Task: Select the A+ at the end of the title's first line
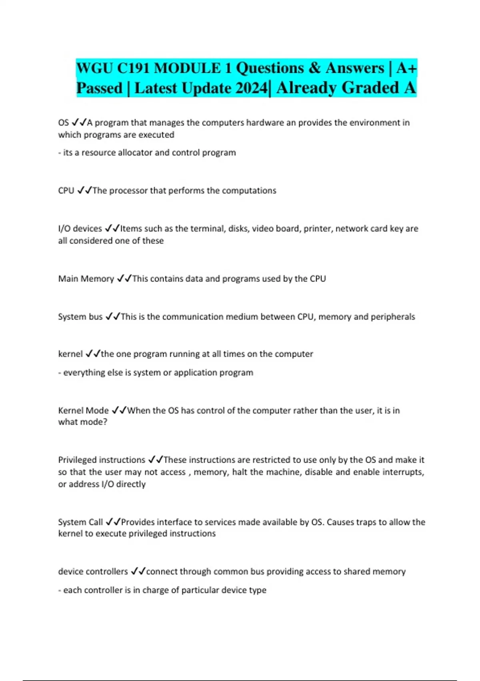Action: (406, 68)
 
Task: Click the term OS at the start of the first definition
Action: (63, 123)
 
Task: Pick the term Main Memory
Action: (86, 279)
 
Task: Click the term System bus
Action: (80, 317)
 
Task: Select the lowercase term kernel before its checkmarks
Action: (70, 354)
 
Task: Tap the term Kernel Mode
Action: (83, 411)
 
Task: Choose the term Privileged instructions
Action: (102, 460)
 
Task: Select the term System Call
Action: (80, 522)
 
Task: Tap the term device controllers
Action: (93, 572)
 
